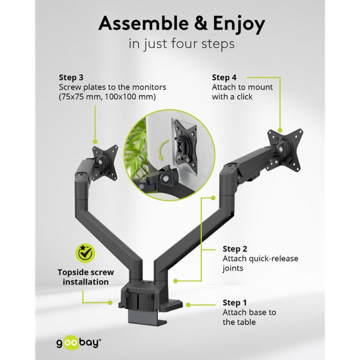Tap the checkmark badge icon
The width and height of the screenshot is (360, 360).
click(x=85, y=253)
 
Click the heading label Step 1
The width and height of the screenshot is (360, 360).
click(x=234, y=302)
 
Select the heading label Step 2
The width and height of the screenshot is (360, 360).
click(x=234, y=249)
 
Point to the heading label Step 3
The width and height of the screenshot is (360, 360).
click(x=71, y=77)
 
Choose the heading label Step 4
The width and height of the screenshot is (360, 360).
click(x=224, y=77)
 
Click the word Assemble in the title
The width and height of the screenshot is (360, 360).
click(x=144, y=23)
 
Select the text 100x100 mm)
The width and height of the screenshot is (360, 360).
click(x=130, y=97)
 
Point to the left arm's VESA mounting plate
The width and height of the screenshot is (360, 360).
click(x=105, y=162)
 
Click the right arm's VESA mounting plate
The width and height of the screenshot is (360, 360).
click(x=285, y=149)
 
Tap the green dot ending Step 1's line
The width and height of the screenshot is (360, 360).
click(x=188, y=305)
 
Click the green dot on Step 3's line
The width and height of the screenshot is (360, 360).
click(x=95, y=142)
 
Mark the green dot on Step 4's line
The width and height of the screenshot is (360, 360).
click(x=280, y=130)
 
